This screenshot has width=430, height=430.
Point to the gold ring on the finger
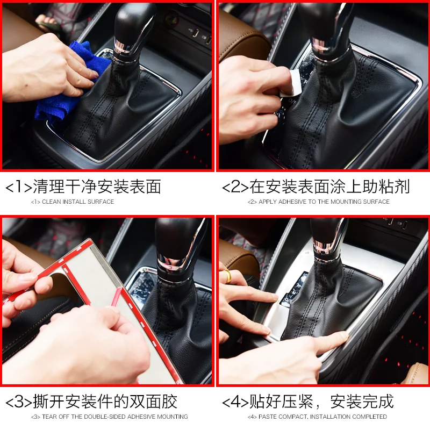(x=227, y=276)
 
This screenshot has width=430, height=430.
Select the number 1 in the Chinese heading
(x=19, y=187)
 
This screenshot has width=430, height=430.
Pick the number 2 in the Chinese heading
(x=235, y=187)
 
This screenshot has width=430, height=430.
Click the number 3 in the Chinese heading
(x=19, y=402)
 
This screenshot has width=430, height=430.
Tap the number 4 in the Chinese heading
(x=235, y=402)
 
